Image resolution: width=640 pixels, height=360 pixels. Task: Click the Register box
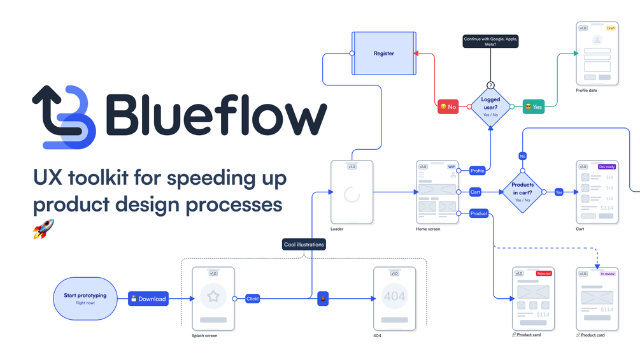point(383,54)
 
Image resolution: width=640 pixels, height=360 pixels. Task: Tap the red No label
point(448,107)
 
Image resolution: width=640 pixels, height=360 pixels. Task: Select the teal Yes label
point(534,107)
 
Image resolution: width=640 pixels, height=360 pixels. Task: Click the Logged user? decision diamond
point(490,106)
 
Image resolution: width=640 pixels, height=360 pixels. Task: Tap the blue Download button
point(148,299)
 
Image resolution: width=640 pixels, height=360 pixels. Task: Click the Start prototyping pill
point(85,298)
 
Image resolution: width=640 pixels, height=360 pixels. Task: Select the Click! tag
point(253,298)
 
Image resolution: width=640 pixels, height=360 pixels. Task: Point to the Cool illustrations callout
point(304,244)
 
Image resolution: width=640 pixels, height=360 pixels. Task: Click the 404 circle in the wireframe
point(394,296)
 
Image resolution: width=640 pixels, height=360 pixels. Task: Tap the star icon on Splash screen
point(213,296)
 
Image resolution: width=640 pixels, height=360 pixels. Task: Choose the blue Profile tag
point(477,171)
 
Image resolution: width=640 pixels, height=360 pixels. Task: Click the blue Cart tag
point(475,192)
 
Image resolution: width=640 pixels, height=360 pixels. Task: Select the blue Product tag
point(479,213)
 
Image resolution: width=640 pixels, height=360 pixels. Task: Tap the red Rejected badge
point(543,273)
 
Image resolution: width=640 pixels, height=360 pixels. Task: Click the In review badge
point(608,273)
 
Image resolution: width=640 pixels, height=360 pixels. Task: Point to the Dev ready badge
point(607,167)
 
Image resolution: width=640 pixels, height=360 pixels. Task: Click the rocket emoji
point(43,228)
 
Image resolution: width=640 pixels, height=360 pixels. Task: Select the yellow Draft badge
point(610,28)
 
